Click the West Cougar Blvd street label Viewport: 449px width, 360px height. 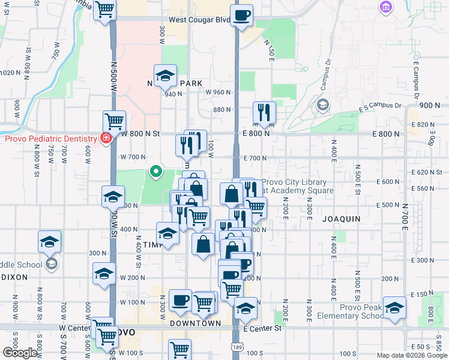tap(199, 20)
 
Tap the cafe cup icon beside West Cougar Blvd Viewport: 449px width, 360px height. tap(241, 16)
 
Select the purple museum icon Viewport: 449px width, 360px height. tap(385, 7)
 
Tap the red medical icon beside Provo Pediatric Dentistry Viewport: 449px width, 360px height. tap(106, 139)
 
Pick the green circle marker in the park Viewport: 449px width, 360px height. tap(156, 172)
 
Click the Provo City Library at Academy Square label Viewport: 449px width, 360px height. tap(294, 187)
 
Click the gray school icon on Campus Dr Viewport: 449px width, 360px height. tap(322, 105)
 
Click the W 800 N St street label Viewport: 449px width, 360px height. tap(142, 134)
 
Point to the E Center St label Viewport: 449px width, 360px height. tap(262, 329)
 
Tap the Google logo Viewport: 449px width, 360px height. tap(20, 353)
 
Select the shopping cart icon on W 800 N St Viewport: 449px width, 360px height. tap(113, 121)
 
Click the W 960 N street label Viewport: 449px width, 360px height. tap(218, 92)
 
